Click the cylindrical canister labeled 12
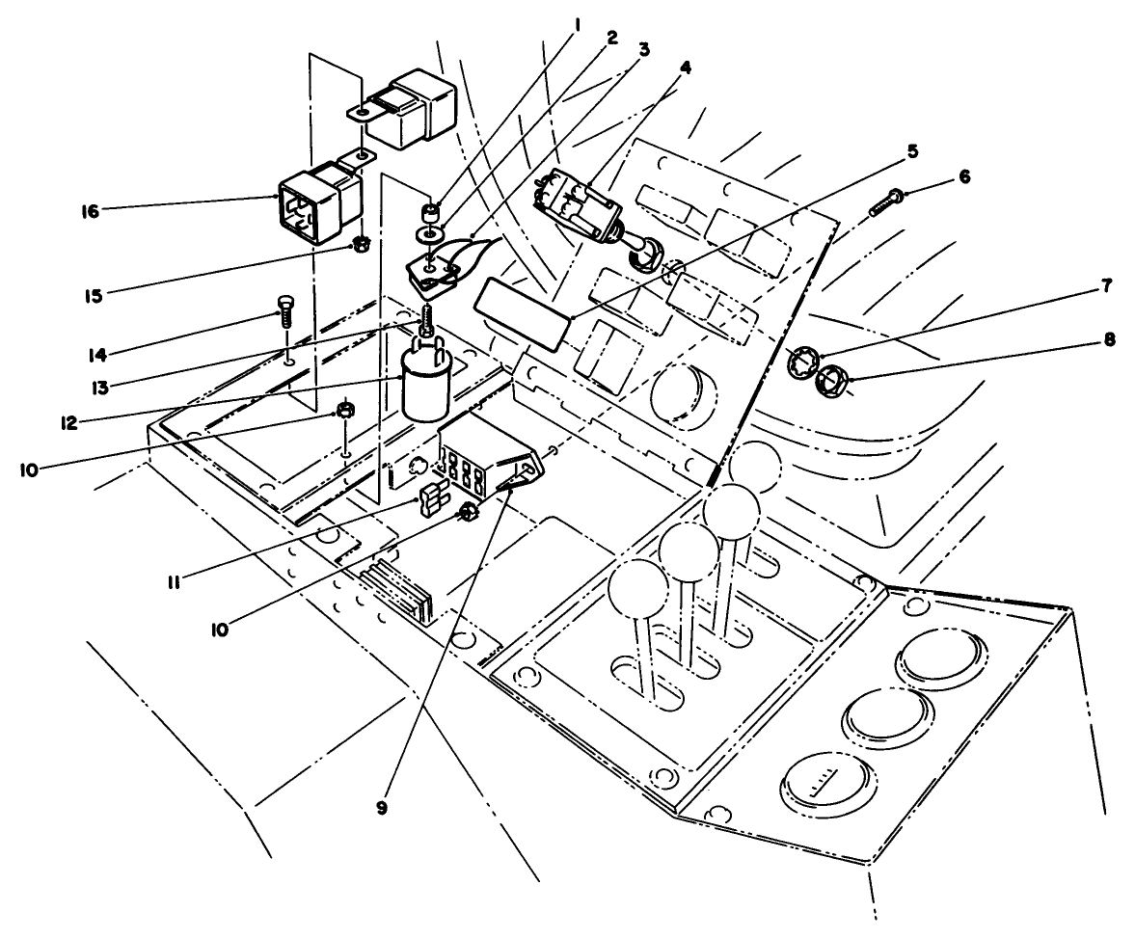425,387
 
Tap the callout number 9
383,808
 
